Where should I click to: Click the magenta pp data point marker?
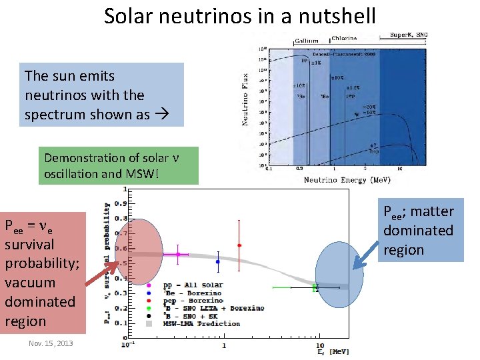[x=178, y=254]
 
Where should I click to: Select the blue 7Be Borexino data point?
[x=218, y=261]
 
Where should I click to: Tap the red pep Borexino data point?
[x=239, y=245]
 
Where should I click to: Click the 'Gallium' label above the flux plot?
[x=307, y=41]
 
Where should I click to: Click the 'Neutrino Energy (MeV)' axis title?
[x=346, y=180]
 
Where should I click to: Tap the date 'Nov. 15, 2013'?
[x=51, y=343]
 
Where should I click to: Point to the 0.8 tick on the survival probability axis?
[x=122, y=218]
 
